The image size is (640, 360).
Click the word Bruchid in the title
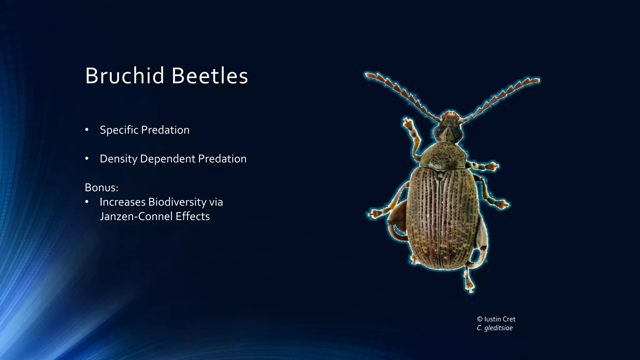pos(125,76)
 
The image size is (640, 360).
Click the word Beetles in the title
pos(210,76)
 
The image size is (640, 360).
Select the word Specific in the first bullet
pos(119,130)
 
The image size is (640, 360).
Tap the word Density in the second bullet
pos(118,159)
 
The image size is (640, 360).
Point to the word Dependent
pos(168,159)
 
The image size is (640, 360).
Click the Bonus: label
pos(102,187)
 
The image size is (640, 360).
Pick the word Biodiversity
pos(177,202)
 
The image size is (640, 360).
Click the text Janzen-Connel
pos(136,216)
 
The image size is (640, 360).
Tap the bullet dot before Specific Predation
pos(87,130)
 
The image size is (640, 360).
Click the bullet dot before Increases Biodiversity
pos(87,202)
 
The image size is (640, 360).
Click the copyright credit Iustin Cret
pos(499,319)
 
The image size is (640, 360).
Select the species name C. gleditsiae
pos(495,328)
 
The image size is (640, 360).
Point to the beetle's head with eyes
pos(448,132)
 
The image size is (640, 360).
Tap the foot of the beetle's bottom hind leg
pos(470,286)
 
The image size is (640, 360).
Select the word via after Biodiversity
pos(216,202)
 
